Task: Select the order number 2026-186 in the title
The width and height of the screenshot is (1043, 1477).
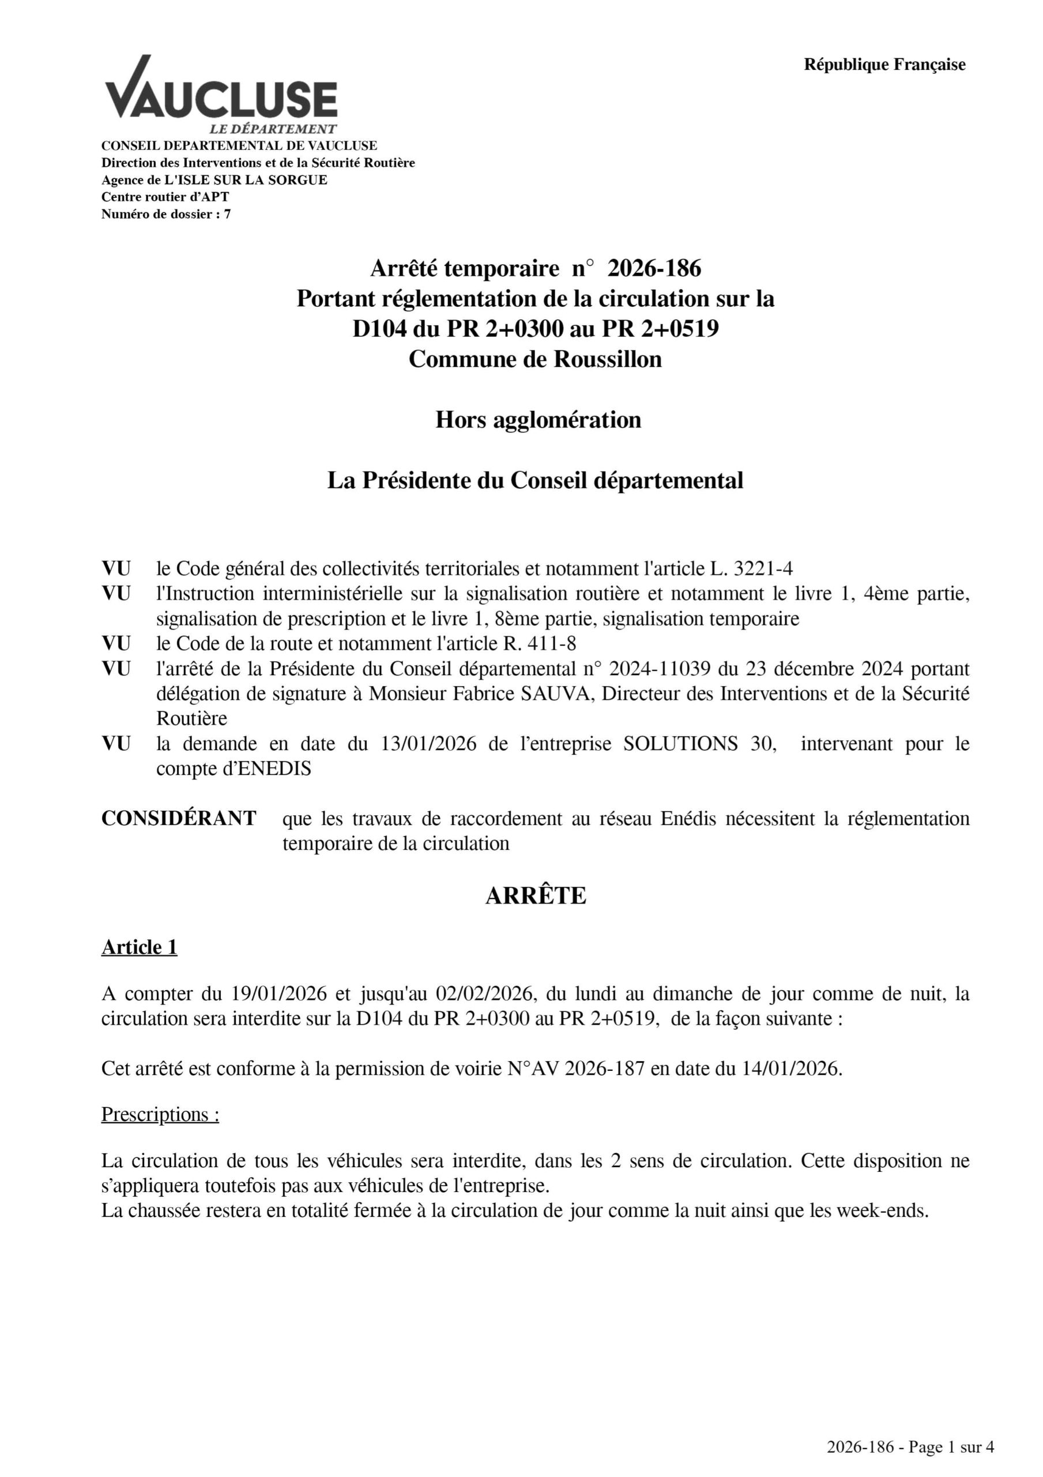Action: [654, 268]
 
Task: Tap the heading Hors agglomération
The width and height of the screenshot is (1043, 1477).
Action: [538, 419]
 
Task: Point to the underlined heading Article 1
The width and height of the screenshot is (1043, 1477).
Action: [139, 947]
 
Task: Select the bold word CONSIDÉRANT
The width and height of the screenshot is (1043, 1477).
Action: [179, 818]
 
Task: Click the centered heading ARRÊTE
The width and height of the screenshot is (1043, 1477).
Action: [536, 895]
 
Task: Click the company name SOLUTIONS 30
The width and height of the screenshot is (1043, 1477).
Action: [699, 744]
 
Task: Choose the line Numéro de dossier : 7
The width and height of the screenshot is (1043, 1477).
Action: [166, 214]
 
